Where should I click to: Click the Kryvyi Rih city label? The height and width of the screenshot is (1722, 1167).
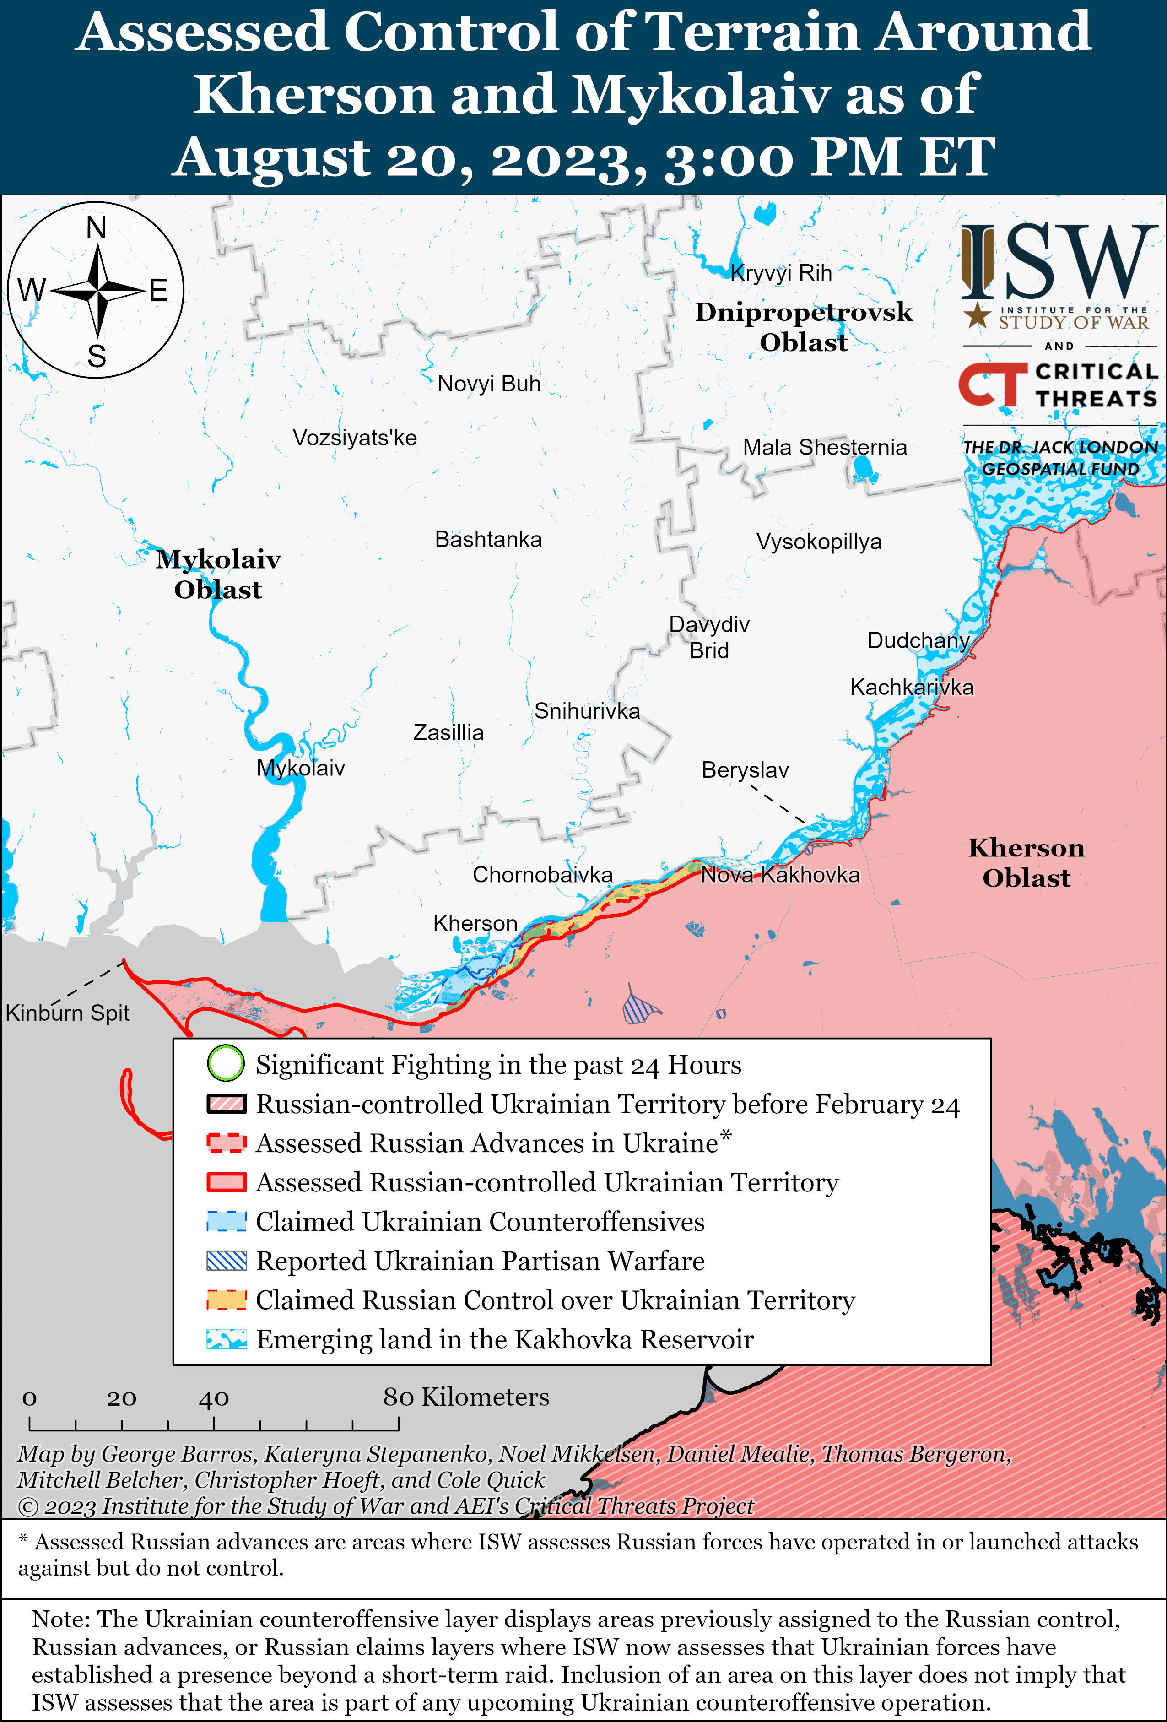[x=781, y=273]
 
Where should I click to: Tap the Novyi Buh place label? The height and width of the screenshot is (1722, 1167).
[x=489, y=384]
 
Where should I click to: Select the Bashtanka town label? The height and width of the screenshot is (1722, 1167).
[x=488, y=539]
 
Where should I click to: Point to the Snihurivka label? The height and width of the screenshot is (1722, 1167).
[x=587, y=711]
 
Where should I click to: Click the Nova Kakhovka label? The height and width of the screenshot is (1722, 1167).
[x=780, y=875]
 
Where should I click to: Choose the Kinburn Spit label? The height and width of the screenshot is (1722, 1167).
[x=67, y=1013]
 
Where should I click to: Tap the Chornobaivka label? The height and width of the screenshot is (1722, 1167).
[x=542, y=875]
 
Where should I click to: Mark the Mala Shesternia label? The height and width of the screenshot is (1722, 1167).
[x=825, y=448]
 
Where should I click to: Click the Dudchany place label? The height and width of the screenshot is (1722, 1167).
[x=918, y=640]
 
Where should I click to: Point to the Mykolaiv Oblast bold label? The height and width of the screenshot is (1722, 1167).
[x=218, y=574]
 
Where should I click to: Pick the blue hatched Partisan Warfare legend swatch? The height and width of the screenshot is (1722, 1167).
[x=226, y=1261]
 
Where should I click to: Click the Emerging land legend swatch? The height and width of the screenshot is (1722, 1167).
[x=226, y=1339]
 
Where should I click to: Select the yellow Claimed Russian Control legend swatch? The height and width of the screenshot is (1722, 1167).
[x=226, y=1300]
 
